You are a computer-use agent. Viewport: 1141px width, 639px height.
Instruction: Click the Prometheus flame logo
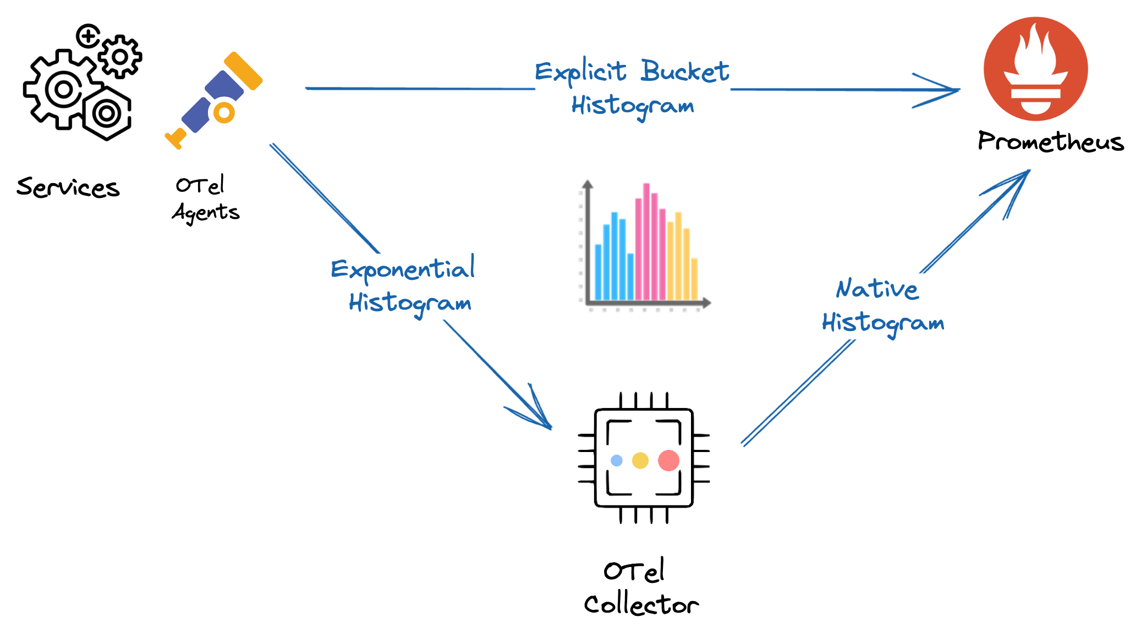[1035, 69]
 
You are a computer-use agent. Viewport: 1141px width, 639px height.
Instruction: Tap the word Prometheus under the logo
[1050, 142]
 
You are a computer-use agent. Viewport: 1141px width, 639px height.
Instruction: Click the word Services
[68, 188]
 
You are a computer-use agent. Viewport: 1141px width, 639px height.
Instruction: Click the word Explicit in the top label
[580, 72]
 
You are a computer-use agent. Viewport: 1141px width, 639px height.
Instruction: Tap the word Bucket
[684, 71]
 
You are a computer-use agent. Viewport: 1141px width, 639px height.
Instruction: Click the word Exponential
[403, 269]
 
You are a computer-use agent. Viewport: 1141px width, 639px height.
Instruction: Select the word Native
[877, 289]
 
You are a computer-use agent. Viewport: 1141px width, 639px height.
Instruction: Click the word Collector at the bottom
[641, 604]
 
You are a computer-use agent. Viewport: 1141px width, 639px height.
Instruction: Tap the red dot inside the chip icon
[668, 460]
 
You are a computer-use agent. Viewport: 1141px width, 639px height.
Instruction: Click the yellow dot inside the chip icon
[640, 460]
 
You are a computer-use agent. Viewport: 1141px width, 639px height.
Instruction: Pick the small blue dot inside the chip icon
[617, 460]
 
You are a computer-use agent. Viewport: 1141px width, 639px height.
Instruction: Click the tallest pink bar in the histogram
[646, 242]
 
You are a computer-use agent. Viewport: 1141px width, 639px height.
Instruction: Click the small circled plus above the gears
[88, 36]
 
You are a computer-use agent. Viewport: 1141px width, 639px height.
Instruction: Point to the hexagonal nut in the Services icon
[107, 114]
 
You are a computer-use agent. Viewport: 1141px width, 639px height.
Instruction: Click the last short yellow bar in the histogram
[694, 279]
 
